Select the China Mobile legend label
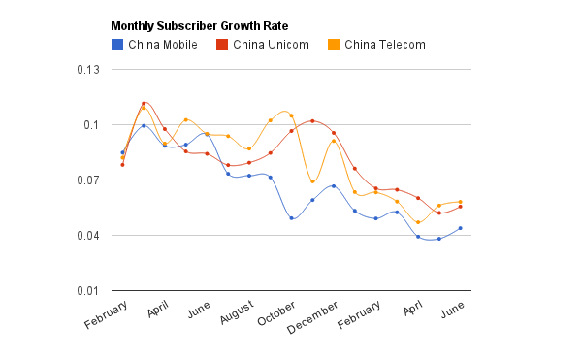162,44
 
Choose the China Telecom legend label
384,44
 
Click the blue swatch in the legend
117,44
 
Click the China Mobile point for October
291,218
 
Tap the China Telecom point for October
291,115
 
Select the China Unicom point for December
334,133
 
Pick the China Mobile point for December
334,186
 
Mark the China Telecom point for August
249,149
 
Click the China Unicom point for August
249,163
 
